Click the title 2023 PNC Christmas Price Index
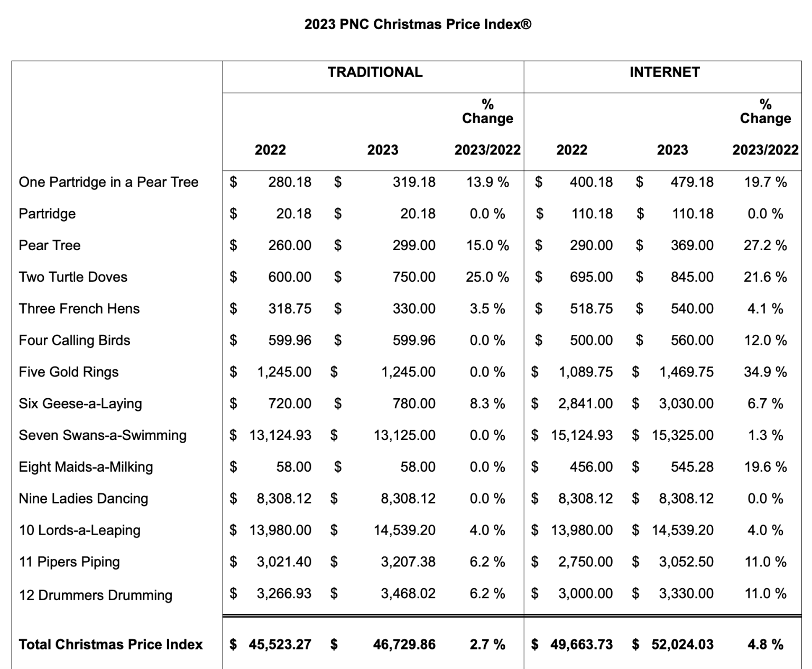tap(418, 24)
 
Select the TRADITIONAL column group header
tap(375, 72)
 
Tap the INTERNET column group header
tap(665, 72)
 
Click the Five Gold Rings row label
tap(69, 372)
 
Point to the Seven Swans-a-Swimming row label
tap(103, 436)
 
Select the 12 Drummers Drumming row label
tap(96, 595)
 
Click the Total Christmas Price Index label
tap(110, 645)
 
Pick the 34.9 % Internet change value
tap(765, 372)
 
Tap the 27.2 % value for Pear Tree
tap(765, 245)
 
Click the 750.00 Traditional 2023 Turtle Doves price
tap(414, 277)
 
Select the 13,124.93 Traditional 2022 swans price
tap(280, 436)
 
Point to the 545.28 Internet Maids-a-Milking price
tap(692, 468)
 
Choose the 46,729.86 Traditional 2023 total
tap(404, 645)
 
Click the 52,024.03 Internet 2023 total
tap(682, 645)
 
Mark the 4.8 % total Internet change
tap(765, 645)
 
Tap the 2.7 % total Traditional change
tap(487, 645)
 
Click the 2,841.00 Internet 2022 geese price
tap(585, 404)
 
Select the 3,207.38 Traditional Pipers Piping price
tap(408, 562)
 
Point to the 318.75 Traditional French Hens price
tap(290, 309)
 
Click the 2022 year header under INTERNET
tap(571, 150)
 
